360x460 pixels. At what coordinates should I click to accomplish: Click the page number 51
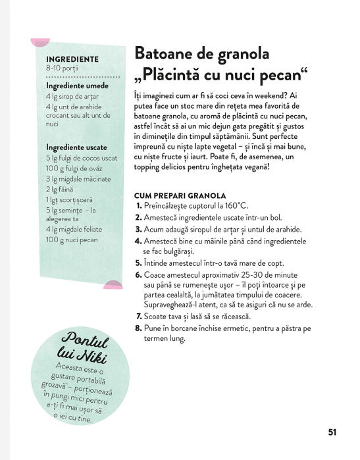pyautogui.click(x=332, y=432)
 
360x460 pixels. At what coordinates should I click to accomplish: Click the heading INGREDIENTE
pyautogui.click(x=72, y=59)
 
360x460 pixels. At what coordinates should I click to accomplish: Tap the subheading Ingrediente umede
pyautogui.click(x=76, y=86)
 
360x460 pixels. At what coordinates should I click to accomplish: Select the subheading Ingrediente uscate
pyautogui.click(x=76, y=147)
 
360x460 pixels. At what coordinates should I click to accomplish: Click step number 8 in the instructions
pyautogui.click(x=138, y=327)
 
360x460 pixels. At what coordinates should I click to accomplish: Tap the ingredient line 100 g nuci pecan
pyautogui.click(x=71, y=241)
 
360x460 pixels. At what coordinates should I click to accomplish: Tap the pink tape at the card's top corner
pyautogui.click(x=38, y=43)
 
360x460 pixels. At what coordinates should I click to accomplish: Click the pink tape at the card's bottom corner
pyautogui.click(x=113, y=284)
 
